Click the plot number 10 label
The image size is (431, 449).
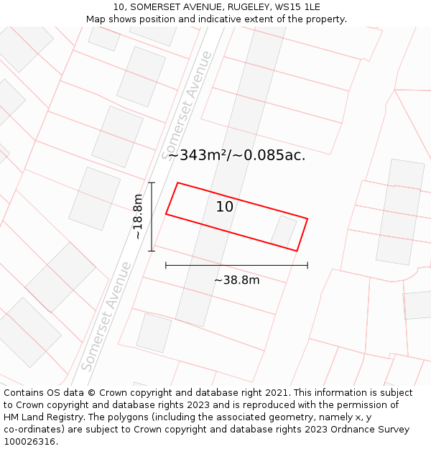[x=224, y=207]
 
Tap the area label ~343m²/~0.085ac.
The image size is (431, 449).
[x=236, y=155]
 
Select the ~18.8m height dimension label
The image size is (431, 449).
[x=137, y=217]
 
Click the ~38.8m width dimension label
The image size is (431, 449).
[x=236, y=280]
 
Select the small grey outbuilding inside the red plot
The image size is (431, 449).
[x=283, y=231]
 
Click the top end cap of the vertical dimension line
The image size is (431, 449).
[x=152, y=183]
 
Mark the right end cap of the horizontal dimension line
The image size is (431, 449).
[x=307, y=265]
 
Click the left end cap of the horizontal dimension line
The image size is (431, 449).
[x=166, y=265]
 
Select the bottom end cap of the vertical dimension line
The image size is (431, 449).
[x=152, y=251]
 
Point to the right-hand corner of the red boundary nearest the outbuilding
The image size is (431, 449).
[x=307, y=218]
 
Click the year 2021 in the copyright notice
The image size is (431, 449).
[x=276, y=393]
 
